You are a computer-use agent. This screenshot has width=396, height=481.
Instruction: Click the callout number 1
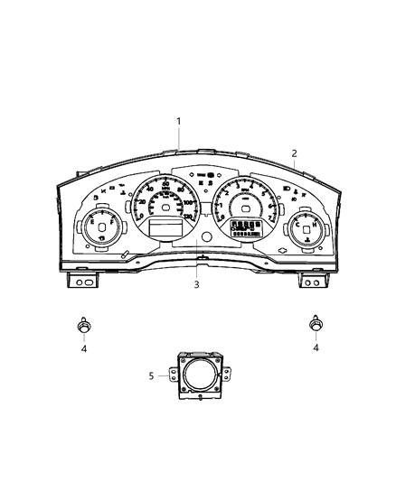(x=179, y=121)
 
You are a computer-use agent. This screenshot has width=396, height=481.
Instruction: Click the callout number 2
(x=294, y=153)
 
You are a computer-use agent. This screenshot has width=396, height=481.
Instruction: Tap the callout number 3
(x=197, y=284)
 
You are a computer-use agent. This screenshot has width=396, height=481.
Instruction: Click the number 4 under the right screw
(x=316, y=347)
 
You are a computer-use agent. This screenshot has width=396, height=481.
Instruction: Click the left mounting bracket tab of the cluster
(x=82, y=282)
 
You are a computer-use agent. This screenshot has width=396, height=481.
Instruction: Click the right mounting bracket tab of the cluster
(x=314, y=282)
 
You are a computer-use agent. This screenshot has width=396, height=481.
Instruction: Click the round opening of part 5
(x=198, y=376)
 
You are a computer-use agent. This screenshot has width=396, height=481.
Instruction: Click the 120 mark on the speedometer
(x=188, y=217)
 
